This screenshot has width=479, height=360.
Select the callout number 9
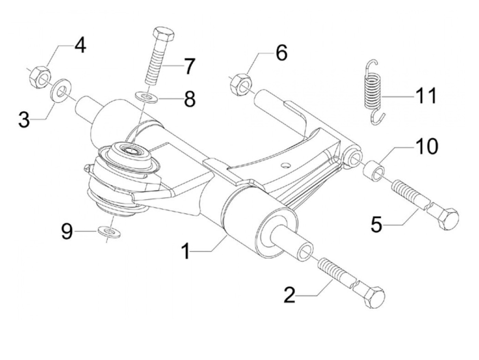(x=67, y=232)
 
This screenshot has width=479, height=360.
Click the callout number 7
(x=188, y=65)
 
